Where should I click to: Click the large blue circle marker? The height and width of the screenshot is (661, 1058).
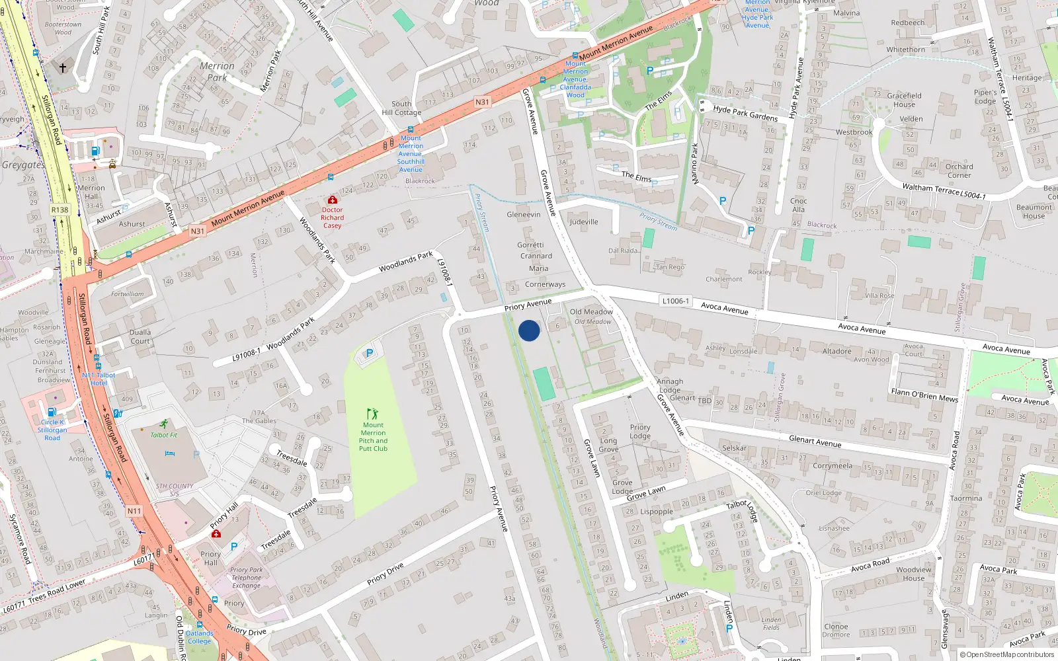coord(529,330)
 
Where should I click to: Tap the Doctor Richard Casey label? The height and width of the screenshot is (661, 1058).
coord(333,217)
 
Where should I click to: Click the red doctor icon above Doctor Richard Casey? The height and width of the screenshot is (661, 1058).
coord(333,200)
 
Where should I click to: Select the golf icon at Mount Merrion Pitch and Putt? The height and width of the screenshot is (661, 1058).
coord(372,414)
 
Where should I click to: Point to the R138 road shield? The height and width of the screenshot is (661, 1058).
coord(60,210)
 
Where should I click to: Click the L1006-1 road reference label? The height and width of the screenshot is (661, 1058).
coord(675,301)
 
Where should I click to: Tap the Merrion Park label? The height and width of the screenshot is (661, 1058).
coord(217,71)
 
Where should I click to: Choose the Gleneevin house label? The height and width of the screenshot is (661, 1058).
coord(524,214)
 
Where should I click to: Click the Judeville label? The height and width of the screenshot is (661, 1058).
coord(584,222)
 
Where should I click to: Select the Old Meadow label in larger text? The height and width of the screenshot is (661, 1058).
coord(591,311)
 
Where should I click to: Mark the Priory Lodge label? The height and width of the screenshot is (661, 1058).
coord(640,432)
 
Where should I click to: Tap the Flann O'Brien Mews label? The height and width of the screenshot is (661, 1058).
coord(924,395)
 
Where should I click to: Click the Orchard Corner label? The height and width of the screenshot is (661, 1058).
coord(959,171)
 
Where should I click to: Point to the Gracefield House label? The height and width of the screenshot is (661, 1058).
coord(904,100)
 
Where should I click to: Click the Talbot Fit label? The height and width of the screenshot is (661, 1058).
coord(163,435)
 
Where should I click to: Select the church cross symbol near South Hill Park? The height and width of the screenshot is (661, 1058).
coord(63,68)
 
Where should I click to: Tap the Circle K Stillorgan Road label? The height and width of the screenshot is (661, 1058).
coord(52,430)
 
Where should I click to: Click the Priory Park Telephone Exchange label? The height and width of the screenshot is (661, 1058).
coord(246,577)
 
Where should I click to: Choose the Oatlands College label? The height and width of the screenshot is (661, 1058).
coord(199,637)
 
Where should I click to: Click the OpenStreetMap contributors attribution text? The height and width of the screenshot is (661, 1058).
coord(1010,654)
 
